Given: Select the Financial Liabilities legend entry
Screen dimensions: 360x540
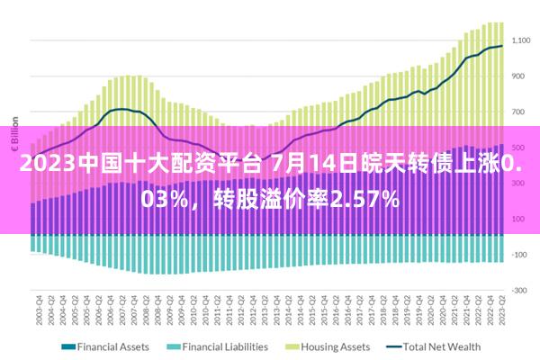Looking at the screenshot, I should pyautogui.click(x=224, y=346).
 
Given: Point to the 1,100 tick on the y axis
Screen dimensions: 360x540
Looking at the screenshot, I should pyautogui.click(x=522, y=40).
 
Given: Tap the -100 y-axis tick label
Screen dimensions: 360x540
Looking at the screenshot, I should pyautogui.click(x=519, y=254).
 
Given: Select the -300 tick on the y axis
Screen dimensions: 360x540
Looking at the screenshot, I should pyautogui.click(x=519, y=290).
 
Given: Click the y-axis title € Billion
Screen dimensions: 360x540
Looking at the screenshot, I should pyautogui.click(x=14, y=131).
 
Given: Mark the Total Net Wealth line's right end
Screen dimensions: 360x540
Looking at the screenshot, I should pyautogui.click(x=501, y=46).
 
